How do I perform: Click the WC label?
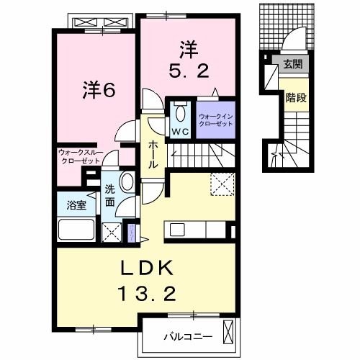click(x=180, y=131)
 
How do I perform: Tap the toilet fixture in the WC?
click(x=180, y=114)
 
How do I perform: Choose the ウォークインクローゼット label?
click(x=215, y=119)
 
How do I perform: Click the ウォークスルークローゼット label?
click(x=81, y=156)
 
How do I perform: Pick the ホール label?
click(x=153, y=154)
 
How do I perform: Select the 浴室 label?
click(x=77, y=204)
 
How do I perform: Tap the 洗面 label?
click(x=110, y=196)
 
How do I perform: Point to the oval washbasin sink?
click(x=127, y=181)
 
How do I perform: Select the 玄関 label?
click(x=292, y=65)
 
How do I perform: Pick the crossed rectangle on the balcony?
click(x=229, y=333)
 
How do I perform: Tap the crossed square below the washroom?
click(x=112, y=232)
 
